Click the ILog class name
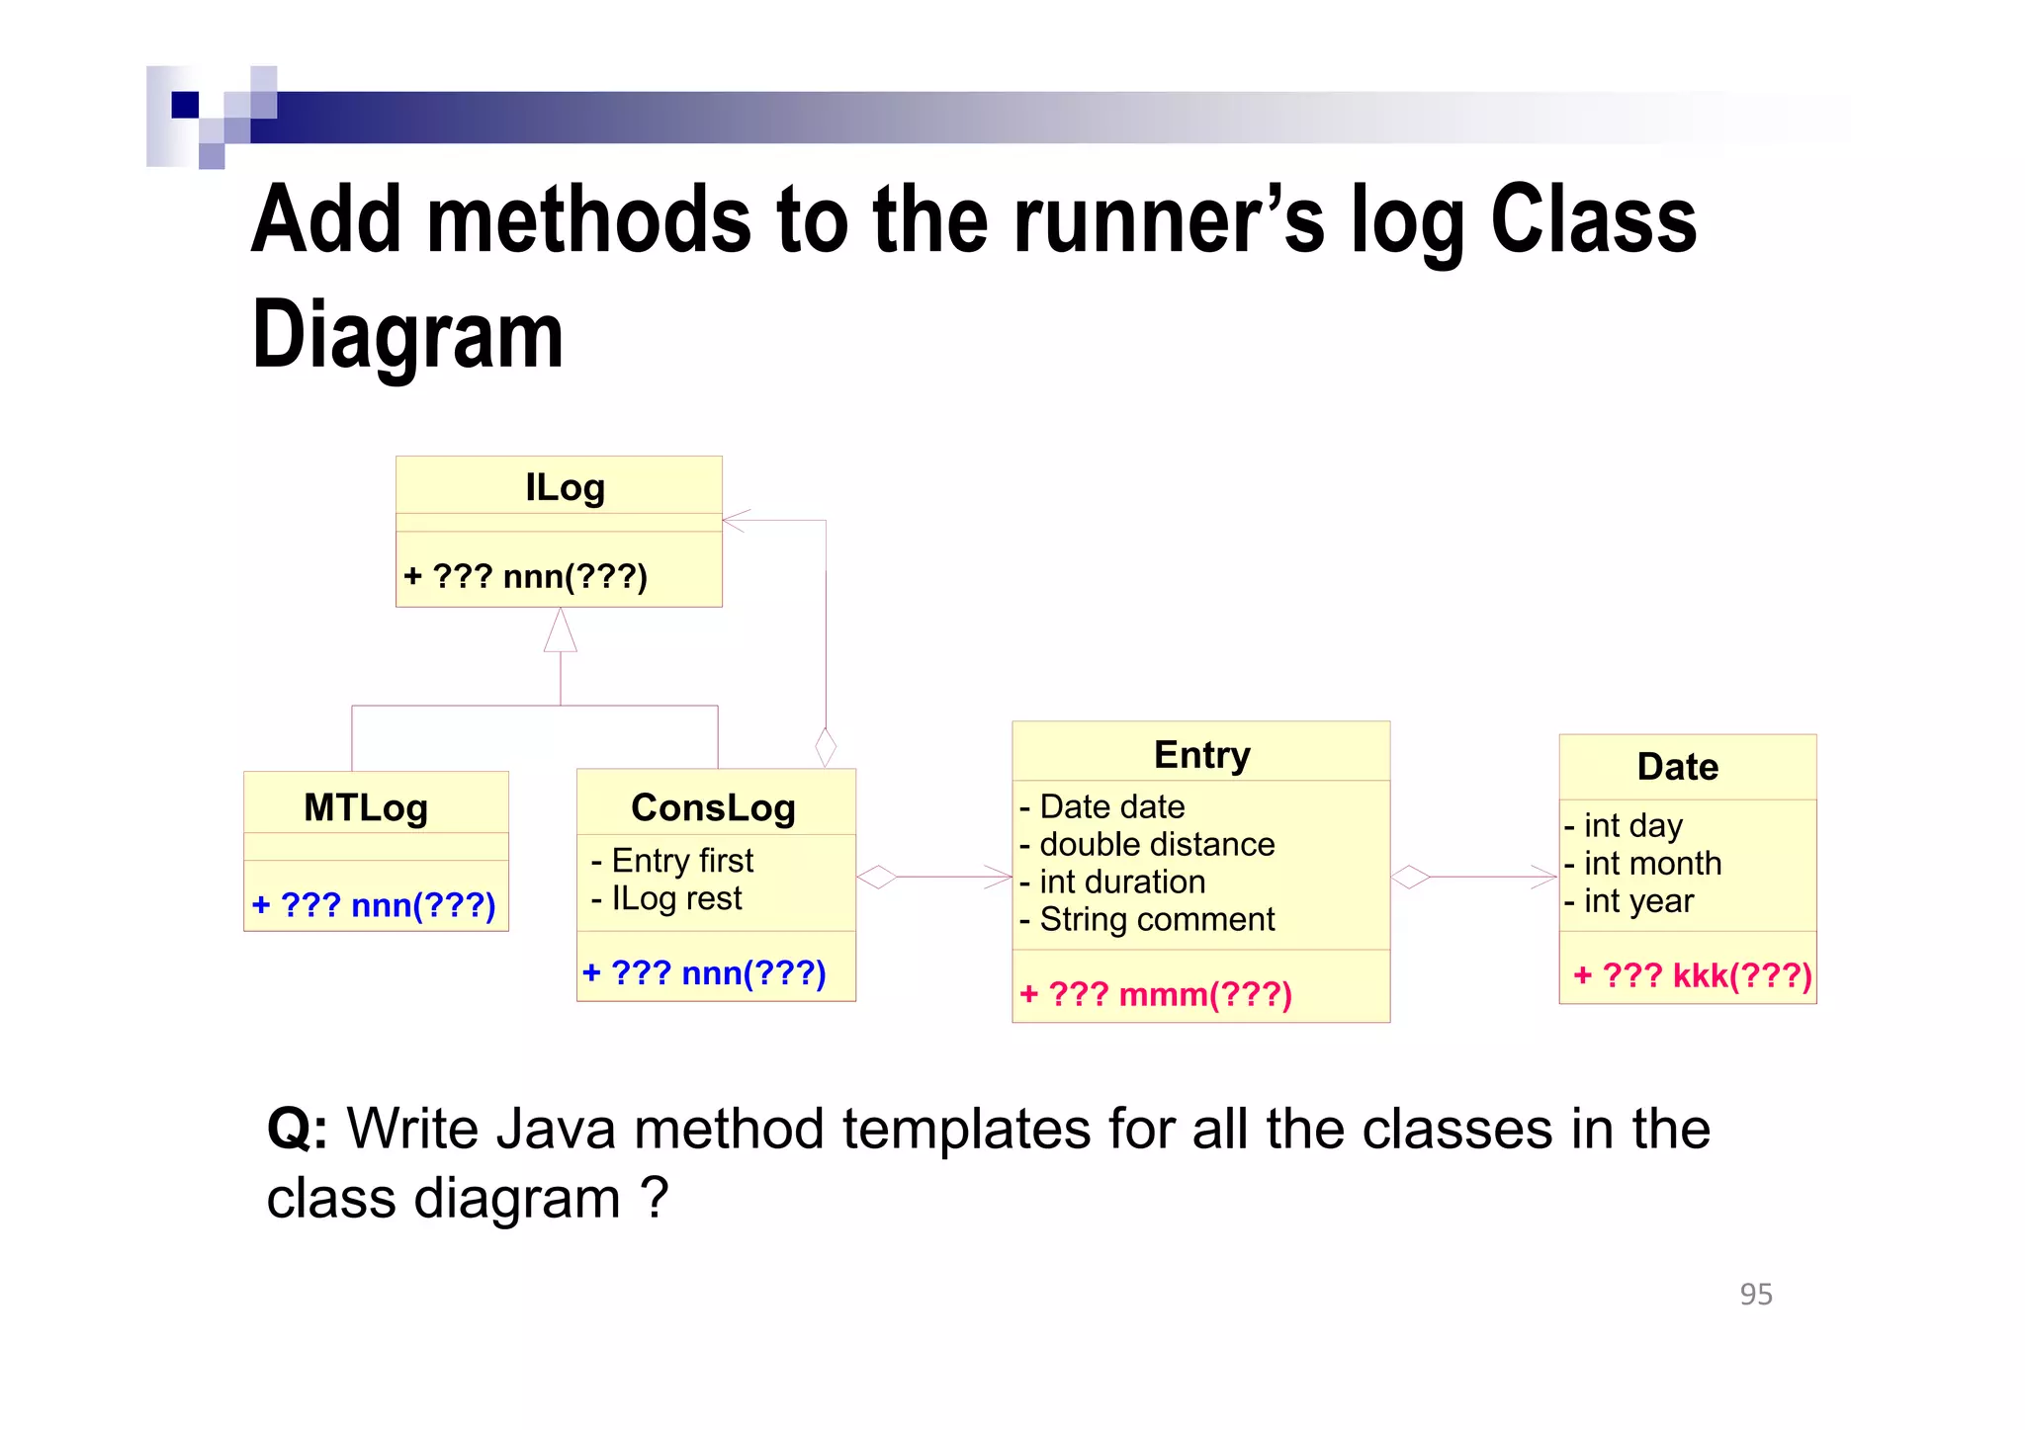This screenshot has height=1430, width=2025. [x=565, y=487]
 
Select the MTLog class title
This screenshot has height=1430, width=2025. [x=366, y=807]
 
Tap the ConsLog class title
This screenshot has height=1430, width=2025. [x=713, y=807]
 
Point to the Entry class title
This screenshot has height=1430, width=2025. [x=1201, y=755]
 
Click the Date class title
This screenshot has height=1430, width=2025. [x=1677, y=767]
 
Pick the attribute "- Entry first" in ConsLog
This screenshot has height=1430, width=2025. [x=672, y=861]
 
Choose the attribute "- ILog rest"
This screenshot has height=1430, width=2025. [x=666, y=898]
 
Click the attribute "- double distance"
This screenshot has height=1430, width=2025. [x=1147, y=845]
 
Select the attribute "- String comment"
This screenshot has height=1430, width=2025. [x=1147, y=920]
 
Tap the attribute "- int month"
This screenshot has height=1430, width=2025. [x=1642, y=864]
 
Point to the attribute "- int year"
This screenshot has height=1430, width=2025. [x=1629, y=901]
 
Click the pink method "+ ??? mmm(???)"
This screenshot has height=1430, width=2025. [x=1155, y=994]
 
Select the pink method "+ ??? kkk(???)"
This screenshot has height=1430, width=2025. [x=1692, y=976]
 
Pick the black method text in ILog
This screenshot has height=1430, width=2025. [x=525, y=576]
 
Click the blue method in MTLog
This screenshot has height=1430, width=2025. [x=374, y=905]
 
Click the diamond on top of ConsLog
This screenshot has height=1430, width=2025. [x=826, y=747]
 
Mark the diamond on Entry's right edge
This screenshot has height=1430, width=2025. [x=1410, y=877]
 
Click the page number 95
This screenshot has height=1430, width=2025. [x=1755, y=1295]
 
